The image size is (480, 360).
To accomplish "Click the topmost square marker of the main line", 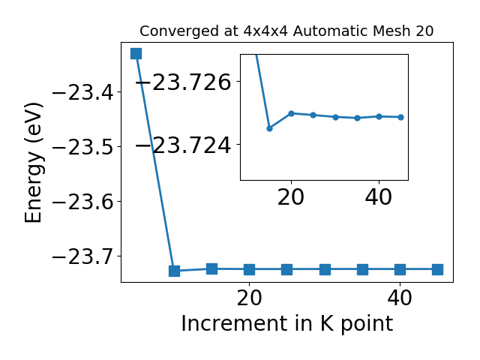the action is (136, 53).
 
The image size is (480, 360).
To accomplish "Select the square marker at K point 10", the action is (174, 271).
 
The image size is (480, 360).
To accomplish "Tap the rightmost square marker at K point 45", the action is (437, 270).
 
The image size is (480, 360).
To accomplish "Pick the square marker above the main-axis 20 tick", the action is (250, 270).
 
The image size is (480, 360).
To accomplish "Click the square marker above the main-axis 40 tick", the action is (400, 270).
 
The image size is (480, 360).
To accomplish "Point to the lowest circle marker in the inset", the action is (269, 128).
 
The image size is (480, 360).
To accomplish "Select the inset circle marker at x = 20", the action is (292, 113).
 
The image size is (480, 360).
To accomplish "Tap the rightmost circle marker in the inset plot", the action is (401, 117).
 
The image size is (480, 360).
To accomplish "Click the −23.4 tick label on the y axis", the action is (82, 92).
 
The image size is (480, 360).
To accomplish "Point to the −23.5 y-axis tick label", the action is (82, 147).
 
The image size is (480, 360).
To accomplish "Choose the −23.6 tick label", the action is (82, 202).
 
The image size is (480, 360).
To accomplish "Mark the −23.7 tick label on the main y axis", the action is (82, 256).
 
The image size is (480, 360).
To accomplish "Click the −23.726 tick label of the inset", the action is (183, 82).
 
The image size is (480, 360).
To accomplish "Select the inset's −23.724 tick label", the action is (183, 145).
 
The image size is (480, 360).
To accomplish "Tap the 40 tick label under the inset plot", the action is (379, 196).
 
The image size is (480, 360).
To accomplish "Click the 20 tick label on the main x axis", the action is (250, 298).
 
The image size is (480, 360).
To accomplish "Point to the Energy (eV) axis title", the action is (33, 163).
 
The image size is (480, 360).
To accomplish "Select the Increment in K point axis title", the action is (287, 323).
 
